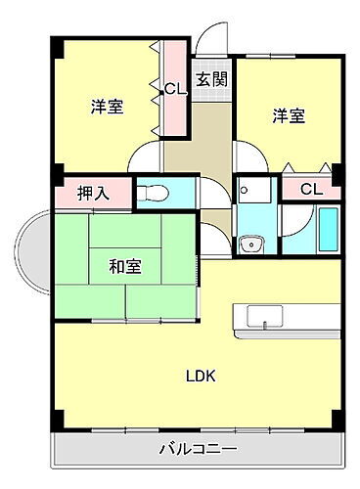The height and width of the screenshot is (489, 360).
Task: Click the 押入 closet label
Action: [x=93, y=193]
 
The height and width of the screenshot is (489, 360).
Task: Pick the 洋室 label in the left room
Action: [x=107, y=106]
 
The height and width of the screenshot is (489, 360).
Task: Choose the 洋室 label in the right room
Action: [x=288, y=115]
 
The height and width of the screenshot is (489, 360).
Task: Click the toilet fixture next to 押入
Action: [x=154, y=192]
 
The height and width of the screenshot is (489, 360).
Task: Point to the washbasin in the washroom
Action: [x=250, y=244]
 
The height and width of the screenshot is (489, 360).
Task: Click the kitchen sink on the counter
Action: [x=264, y=317]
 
